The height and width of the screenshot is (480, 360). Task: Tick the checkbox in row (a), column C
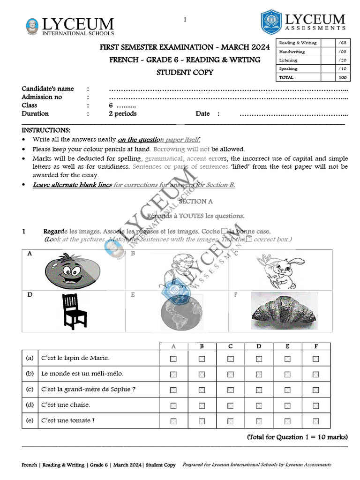point(231,359)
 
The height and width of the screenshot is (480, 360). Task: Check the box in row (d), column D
point(259,405)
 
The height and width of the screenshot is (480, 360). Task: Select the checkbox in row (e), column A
point(173,421)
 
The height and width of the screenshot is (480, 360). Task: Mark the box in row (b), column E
point(287,375)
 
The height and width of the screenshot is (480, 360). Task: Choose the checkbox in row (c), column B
point(202,390)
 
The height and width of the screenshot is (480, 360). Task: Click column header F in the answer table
point(315,346)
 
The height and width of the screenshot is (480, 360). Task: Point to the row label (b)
point(30,374)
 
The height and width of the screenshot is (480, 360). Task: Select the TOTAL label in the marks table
point(286,77)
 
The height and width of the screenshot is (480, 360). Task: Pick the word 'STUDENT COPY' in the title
point(185,72)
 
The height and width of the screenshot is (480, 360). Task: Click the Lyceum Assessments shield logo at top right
point(271,22)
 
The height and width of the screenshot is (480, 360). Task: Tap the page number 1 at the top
point(185,20)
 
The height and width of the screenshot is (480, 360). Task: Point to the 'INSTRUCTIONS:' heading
point(46,130)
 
